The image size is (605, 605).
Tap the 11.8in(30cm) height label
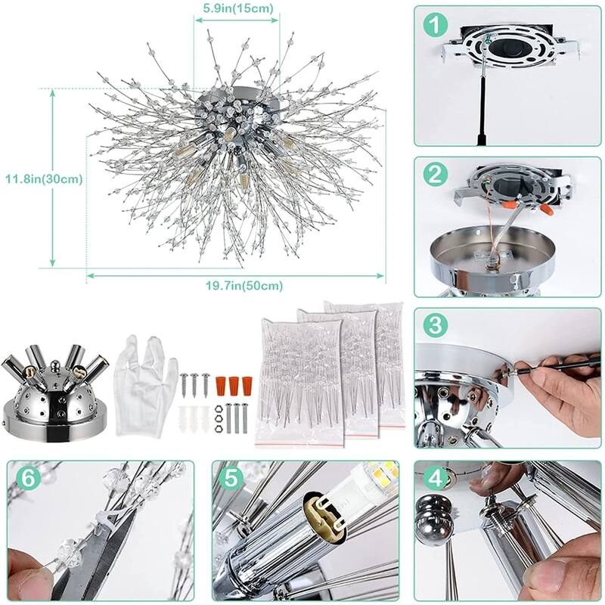click(x=43, y=179)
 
